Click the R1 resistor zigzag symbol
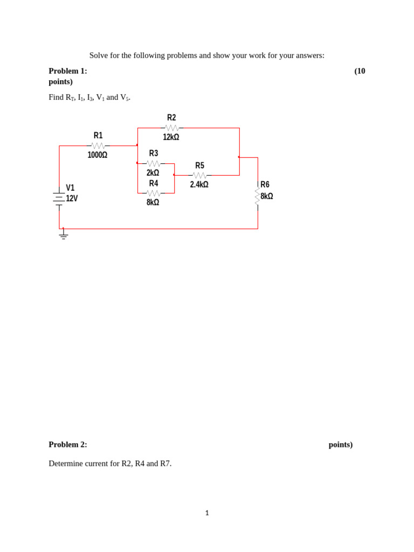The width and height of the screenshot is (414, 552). tap(98, 146)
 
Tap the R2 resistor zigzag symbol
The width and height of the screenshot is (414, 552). tap(171, 128)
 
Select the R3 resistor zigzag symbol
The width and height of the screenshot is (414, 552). tap(153, 163)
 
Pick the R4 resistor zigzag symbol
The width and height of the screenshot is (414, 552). tap(153, 193)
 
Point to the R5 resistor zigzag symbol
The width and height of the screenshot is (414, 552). tap(199, 175)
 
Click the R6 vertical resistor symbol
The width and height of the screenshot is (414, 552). tap(258, 196)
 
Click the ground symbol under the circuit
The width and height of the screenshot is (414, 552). tap(64, 235)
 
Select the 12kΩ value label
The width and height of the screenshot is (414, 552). tap(171, 137)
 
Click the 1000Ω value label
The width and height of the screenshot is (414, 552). tap(98, 155)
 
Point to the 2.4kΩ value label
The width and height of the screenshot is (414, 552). tap(199, 185)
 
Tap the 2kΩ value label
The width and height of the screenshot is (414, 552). tap(153, 173)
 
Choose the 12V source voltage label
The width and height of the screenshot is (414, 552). tap(72, 198)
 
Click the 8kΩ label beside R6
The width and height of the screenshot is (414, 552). tap(267, 196)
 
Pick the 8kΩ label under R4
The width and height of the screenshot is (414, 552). tap(153, 203)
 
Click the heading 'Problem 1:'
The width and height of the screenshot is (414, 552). tap(68, 71)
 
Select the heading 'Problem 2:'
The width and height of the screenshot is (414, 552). tap(68, 445)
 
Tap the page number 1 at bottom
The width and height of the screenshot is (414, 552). tap(207, 513)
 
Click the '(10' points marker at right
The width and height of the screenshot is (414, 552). tap(360, 71)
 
